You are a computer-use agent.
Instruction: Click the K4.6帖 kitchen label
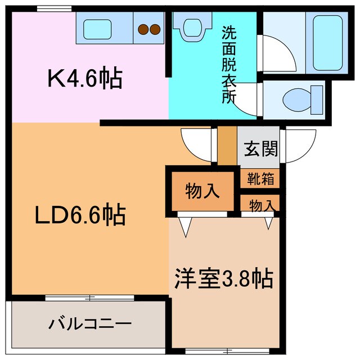point(84,79)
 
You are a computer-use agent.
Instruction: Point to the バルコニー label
point(89,324)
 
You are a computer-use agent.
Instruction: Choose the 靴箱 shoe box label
point(260,179)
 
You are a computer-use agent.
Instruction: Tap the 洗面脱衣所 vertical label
point(228,64)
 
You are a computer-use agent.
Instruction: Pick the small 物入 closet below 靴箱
point(262,206)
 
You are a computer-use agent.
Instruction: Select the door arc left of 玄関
point(197,145)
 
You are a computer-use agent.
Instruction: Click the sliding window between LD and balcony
point(90,296)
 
